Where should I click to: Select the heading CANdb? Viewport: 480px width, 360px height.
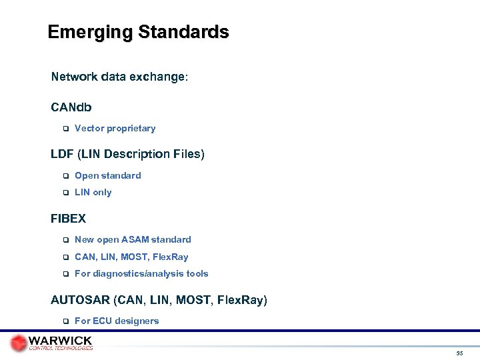click(71, 107)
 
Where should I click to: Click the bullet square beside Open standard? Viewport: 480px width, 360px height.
click(66, 176)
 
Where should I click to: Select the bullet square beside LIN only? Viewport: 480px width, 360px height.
click(66, 193)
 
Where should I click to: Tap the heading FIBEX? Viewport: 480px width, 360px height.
click(68, 218)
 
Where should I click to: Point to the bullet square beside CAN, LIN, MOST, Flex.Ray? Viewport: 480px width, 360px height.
click(66, 257)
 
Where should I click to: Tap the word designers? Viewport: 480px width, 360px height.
click(137, 321)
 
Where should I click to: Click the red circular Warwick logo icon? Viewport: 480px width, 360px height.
click(19, 343)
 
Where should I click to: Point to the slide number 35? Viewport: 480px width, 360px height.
click(460, 353)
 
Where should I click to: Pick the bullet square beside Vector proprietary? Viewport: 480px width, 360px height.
click(66, 129)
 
